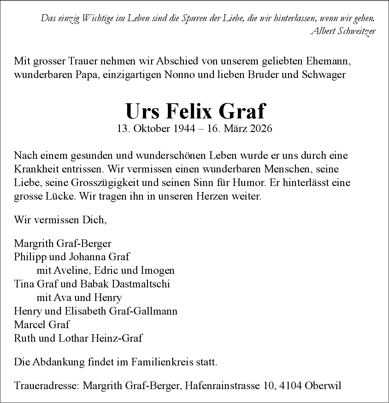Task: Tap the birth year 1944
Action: [184, 129]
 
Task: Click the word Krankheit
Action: [35, 169]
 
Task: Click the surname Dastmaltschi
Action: [141, 284]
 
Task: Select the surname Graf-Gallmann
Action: [143, 311]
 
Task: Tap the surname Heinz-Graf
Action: [117, 338]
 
